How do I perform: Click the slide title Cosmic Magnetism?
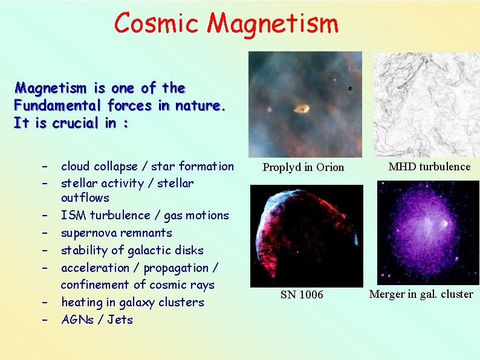[x=226, y=24]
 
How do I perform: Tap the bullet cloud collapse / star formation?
[x=147, y=166]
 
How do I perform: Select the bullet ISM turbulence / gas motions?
[x=144, y=216]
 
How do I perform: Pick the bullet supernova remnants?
[x=116, y=233]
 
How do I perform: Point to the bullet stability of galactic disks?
[x=132, y=251]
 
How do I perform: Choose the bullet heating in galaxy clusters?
[x=132, y=303]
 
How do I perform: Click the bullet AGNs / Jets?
[x=97, y=320]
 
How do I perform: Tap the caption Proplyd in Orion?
[x=303, y=167]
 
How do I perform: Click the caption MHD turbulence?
[x=429, y=167]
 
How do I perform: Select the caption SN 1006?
[x=302, y=295]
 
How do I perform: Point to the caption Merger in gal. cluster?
[x=421, y=294]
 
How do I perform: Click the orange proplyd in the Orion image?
[x=300, y=109]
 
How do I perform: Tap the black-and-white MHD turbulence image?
[x=426, y=104]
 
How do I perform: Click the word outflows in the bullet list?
[x=85, y=198]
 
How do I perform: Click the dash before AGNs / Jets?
[x=45, y=320]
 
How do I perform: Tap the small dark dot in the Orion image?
[x=349, y=89]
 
